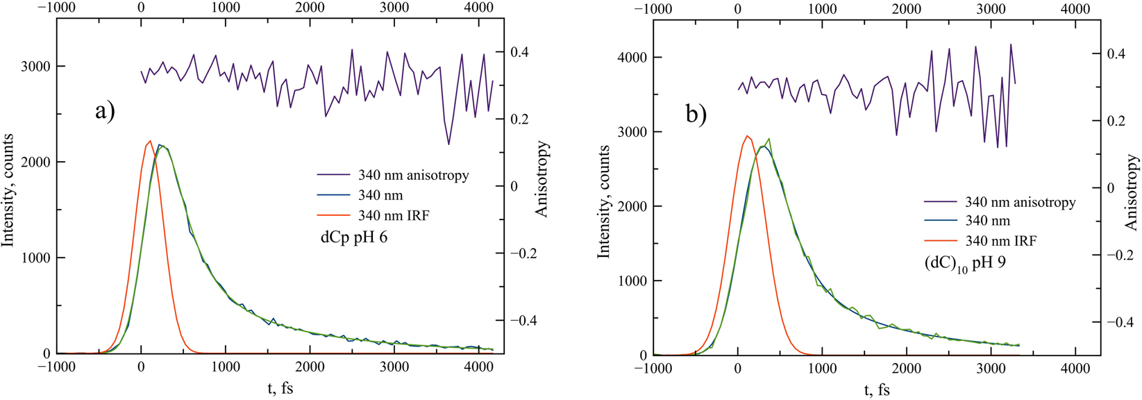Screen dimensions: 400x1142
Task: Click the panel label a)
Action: click(x=105, y=111)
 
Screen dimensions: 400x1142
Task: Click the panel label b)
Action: click(x=696, y=113)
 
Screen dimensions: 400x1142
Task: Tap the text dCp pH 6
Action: click(x=354, y=237)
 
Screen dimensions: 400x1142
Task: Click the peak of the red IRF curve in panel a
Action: click(x=150, y=141)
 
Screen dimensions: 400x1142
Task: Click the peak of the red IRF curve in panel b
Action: click(x=747, y=136)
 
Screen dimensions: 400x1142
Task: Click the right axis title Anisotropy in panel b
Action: click(x=1132, y=192)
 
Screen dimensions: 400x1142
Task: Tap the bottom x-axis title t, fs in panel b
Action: click(x=877, y=390)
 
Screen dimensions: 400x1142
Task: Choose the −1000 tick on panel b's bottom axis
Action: click(x=653, y=369)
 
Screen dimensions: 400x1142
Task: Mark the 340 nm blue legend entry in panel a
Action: click(x=380, y=195)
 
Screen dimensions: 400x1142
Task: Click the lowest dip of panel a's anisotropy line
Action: click(x=448, y=144)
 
